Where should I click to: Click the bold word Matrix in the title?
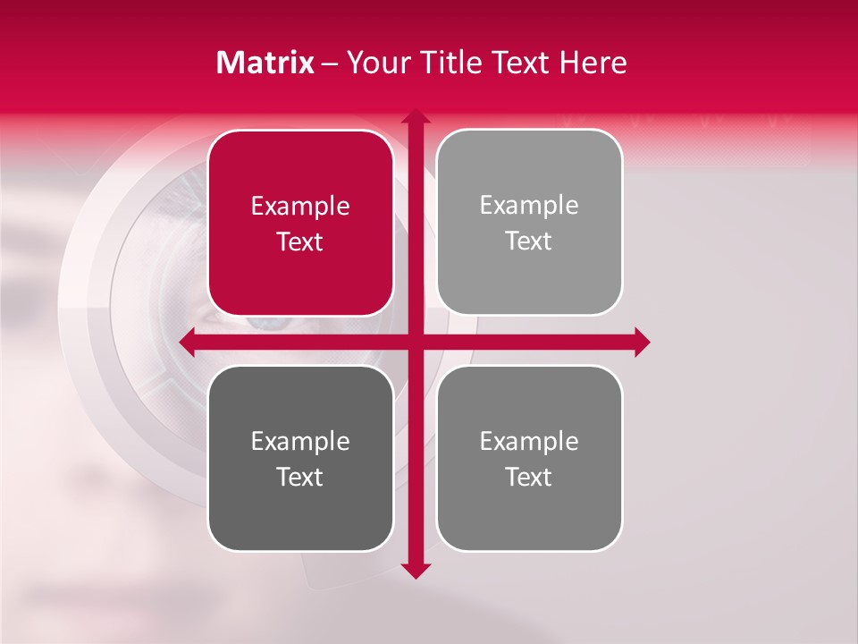[x=265, y=63]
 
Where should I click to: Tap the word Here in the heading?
[x=593, y=63]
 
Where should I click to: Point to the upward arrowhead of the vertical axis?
[x=415, y=117]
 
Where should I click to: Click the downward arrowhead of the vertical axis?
[x=415, y=570]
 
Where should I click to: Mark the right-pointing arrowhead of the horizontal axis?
[x=641, y=342]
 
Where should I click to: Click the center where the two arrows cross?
[x=415, y=342]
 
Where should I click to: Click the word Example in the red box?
[x=300, y=207]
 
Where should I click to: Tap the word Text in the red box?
[x=300, y=241]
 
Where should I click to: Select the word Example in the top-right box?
[x=529, y=206]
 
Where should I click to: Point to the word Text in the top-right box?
[x=529, y=241]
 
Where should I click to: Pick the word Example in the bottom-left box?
[x=300, y=442]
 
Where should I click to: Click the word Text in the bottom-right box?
[x=529, y=477]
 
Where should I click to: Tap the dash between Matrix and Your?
[x=330, y=64]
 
